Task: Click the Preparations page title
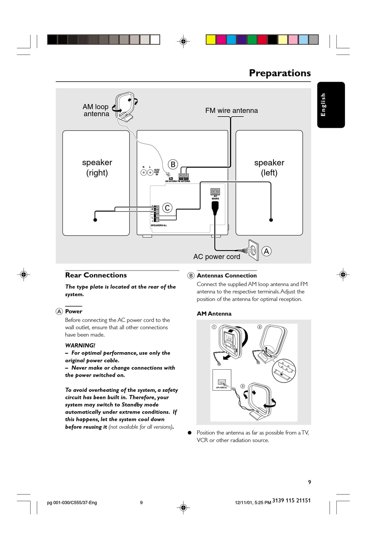coord(280,73)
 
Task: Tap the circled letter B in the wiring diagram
coord(173,164)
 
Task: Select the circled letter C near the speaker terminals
coord(167,208)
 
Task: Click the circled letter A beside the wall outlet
coord(266,251)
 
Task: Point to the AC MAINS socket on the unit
coord(215,191)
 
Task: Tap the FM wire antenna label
coord(231,110)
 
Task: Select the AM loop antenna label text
coord(96,110)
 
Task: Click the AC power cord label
coord(217,257)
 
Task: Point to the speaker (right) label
coord(97,168)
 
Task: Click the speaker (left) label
coord(269,168)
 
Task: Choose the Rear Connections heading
coord(96,275)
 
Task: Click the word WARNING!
coord(80,345)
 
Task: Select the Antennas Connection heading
coord(227,276)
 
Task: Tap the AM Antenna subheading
coord(214,314)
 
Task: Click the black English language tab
coord(331,105)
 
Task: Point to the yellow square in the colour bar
coord(211,40)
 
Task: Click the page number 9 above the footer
coord(310,482)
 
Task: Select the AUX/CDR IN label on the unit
coord(157,172)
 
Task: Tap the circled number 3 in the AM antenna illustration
coord(242,386)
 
